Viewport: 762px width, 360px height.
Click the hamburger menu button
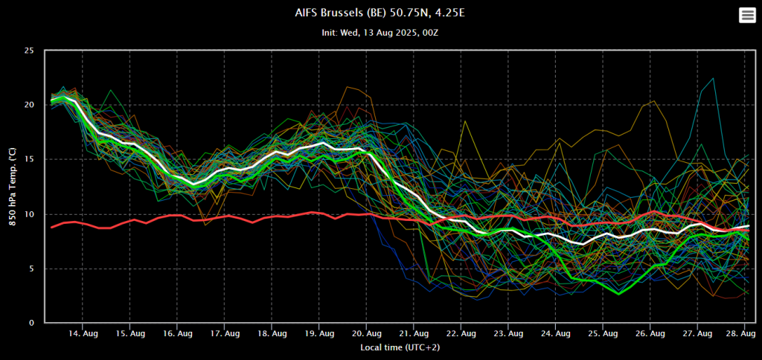pos(746,16)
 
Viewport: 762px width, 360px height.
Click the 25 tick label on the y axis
pos(29,51)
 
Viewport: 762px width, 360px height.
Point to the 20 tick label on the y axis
pos(29,105)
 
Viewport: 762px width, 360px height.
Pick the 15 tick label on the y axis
pos(29,159)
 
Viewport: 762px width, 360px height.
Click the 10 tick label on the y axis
pos(29,214)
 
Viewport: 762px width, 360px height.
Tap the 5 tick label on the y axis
pos(31,269)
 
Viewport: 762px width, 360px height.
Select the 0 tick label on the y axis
pos(31,323)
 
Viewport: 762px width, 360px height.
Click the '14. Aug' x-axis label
pos(83,334)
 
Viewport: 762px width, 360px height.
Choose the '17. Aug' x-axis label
pos(225,334)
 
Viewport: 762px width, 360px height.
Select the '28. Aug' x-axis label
pos(741,334)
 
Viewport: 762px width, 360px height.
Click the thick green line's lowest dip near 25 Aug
pos(618,294)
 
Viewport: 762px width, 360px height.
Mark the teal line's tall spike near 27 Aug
pos(713,78)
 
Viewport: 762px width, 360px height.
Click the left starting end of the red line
pos(51,227)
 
